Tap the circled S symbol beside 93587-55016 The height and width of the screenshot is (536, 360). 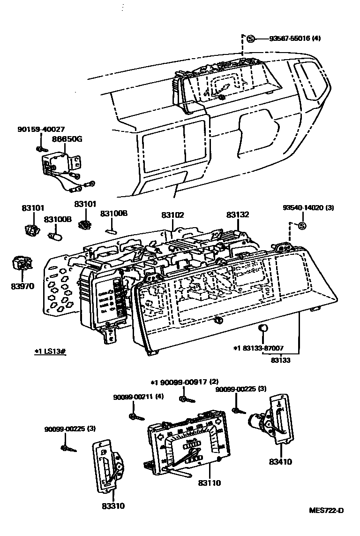251,38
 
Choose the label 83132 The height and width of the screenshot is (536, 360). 238,214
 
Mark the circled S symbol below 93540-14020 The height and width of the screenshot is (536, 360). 302,226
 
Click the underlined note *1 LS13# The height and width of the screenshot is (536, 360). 50,351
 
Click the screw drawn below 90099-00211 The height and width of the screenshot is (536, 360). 134,416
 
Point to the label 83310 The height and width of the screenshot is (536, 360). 113,506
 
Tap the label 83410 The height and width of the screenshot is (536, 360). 280,462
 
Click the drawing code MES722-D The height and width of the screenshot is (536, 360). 326,510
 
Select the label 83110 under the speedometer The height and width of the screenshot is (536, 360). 209,482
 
